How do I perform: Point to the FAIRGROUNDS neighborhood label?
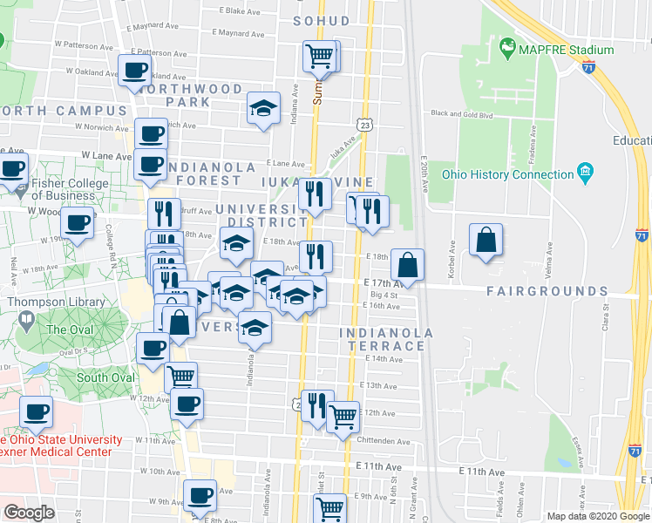(x=547, y=291)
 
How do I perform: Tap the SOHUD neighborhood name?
(x=321, y=20)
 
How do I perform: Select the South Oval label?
(x=105, y=377)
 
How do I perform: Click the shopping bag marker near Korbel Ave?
(x=486, y=240)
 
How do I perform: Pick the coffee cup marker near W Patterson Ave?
(x=135, y=71)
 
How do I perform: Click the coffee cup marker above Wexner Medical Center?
(x=36, y=411)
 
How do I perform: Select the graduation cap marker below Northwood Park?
(x=263, y=108)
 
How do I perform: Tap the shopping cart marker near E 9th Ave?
(x=329, y=507)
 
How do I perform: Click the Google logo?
(x=30, y=513)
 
